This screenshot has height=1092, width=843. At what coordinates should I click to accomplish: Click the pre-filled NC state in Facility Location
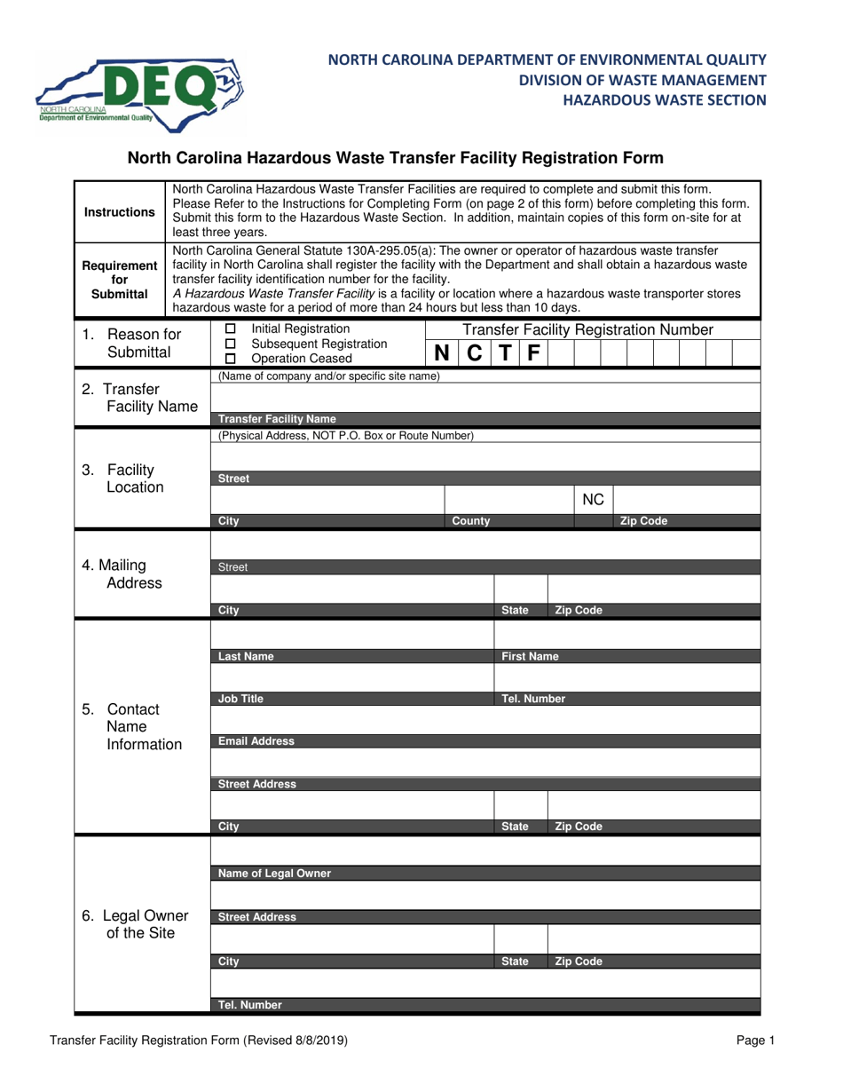pyautogui.click(x=593, y=501)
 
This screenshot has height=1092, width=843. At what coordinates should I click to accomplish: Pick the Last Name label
pyautogui.click(x=246, y=657)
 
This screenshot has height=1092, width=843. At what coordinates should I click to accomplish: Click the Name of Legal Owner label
pyautogui.click(x=274, y=873)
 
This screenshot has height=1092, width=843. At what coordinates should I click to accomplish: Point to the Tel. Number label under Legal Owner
pyautogui.click(x=250, y=1005)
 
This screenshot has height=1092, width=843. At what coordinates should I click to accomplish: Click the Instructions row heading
pyautogui.click(x=119, y=212)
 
